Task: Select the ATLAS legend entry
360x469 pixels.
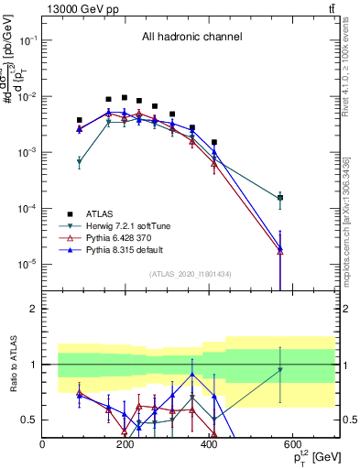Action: (104, 213)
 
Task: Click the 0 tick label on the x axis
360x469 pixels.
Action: (43, 444)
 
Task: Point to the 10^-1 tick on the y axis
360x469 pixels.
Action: (29, 40)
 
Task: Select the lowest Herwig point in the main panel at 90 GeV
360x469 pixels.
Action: (80, 161)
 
